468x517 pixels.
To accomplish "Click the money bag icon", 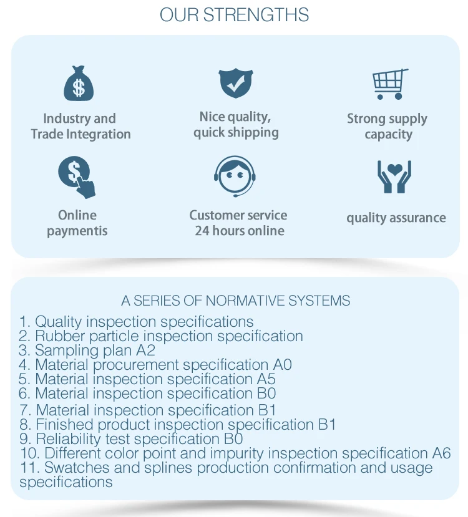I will point(78,84).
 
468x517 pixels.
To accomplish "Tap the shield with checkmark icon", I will point(235,84).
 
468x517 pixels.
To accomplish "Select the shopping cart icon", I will point(390,84).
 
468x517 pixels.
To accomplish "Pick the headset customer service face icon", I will point(235,176).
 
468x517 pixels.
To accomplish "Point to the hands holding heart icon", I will point(394,176).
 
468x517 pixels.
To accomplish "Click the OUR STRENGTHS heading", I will point(234,15).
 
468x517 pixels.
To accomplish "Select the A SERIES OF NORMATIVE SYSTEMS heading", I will point(235,301).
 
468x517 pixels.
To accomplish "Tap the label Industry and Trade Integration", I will point(80,126).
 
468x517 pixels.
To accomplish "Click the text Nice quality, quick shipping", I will point(235,125).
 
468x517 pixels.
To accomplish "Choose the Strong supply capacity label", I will point(388,126).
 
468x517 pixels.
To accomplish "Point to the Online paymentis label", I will point(77,223).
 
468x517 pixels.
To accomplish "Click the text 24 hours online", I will point(239,231).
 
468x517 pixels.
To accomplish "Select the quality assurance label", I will point(396,218).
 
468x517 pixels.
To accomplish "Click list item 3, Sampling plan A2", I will point(87,350).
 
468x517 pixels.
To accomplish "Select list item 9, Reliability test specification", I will point(131,439).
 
